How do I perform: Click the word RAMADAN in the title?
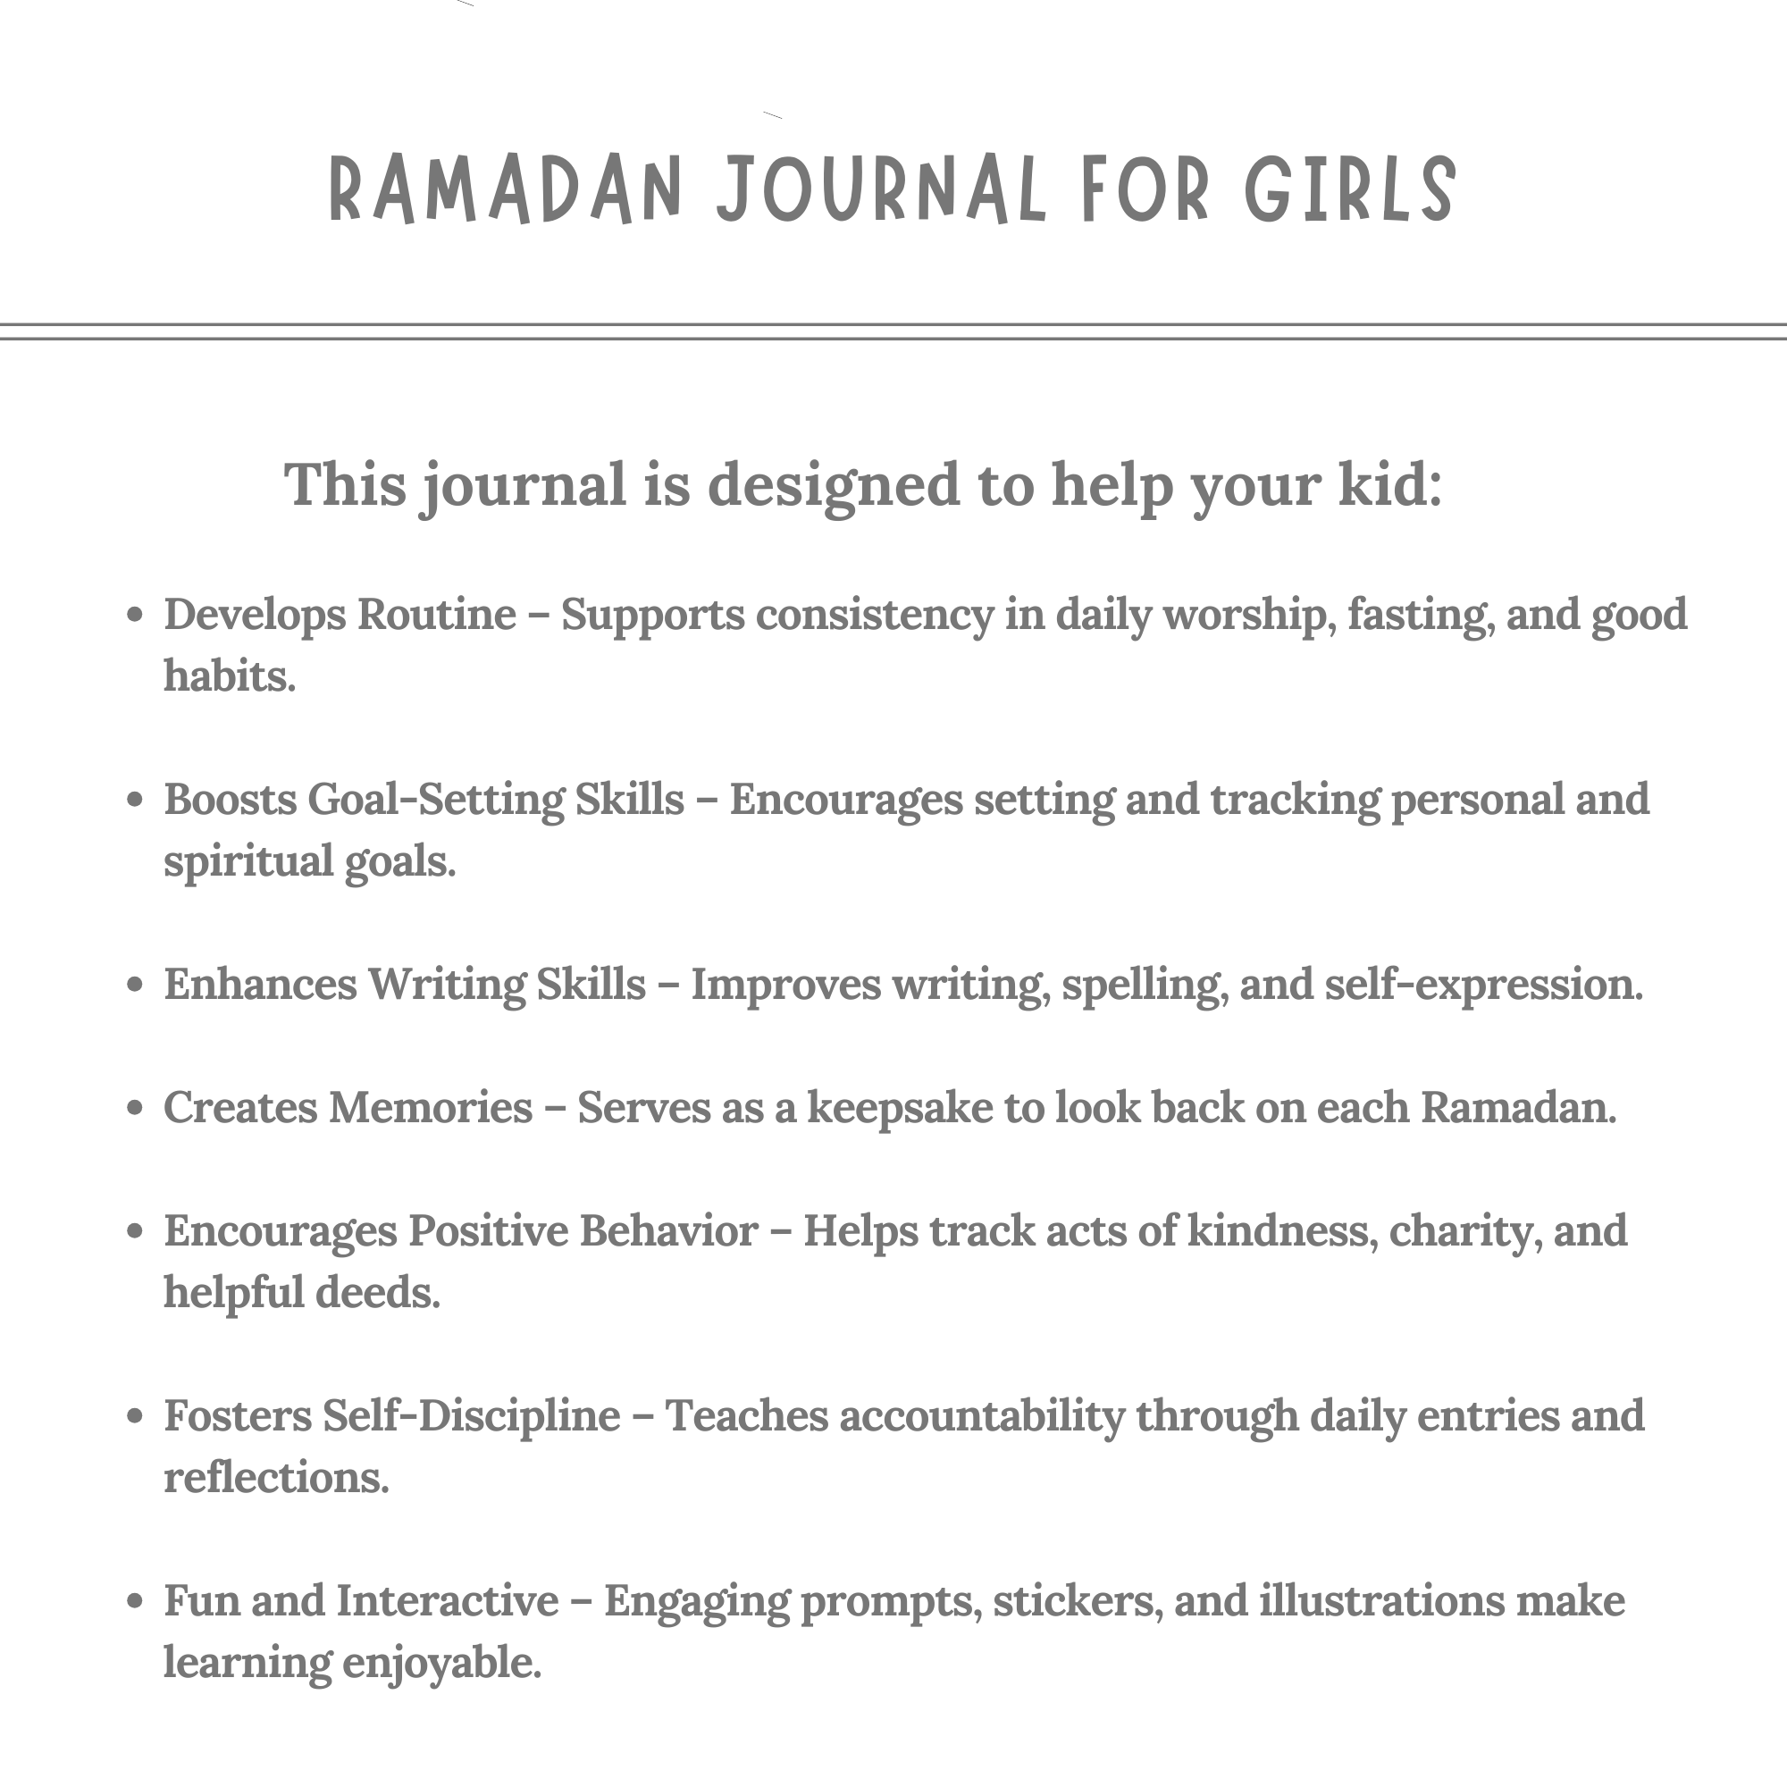(x=505, y=189)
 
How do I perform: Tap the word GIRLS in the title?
(x=1350, y=189)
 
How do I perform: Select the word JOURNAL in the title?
(x=882, y=189)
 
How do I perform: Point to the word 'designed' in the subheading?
(x=834, y=485)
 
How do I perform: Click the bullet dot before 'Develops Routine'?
(x=135, y=615)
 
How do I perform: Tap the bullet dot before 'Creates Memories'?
(x=135, y=1108)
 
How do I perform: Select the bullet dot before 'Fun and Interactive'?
(x=135, y=1601)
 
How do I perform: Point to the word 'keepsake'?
(x=899, y=1108)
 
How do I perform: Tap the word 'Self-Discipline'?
(x=471, y=1416)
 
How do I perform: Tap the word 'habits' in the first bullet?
(x=229, y=676)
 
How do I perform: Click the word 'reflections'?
(x=275, y=1477)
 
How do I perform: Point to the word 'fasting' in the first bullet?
(x=1420, y=615)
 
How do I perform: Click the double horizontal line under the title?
(x=893, y=332)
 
